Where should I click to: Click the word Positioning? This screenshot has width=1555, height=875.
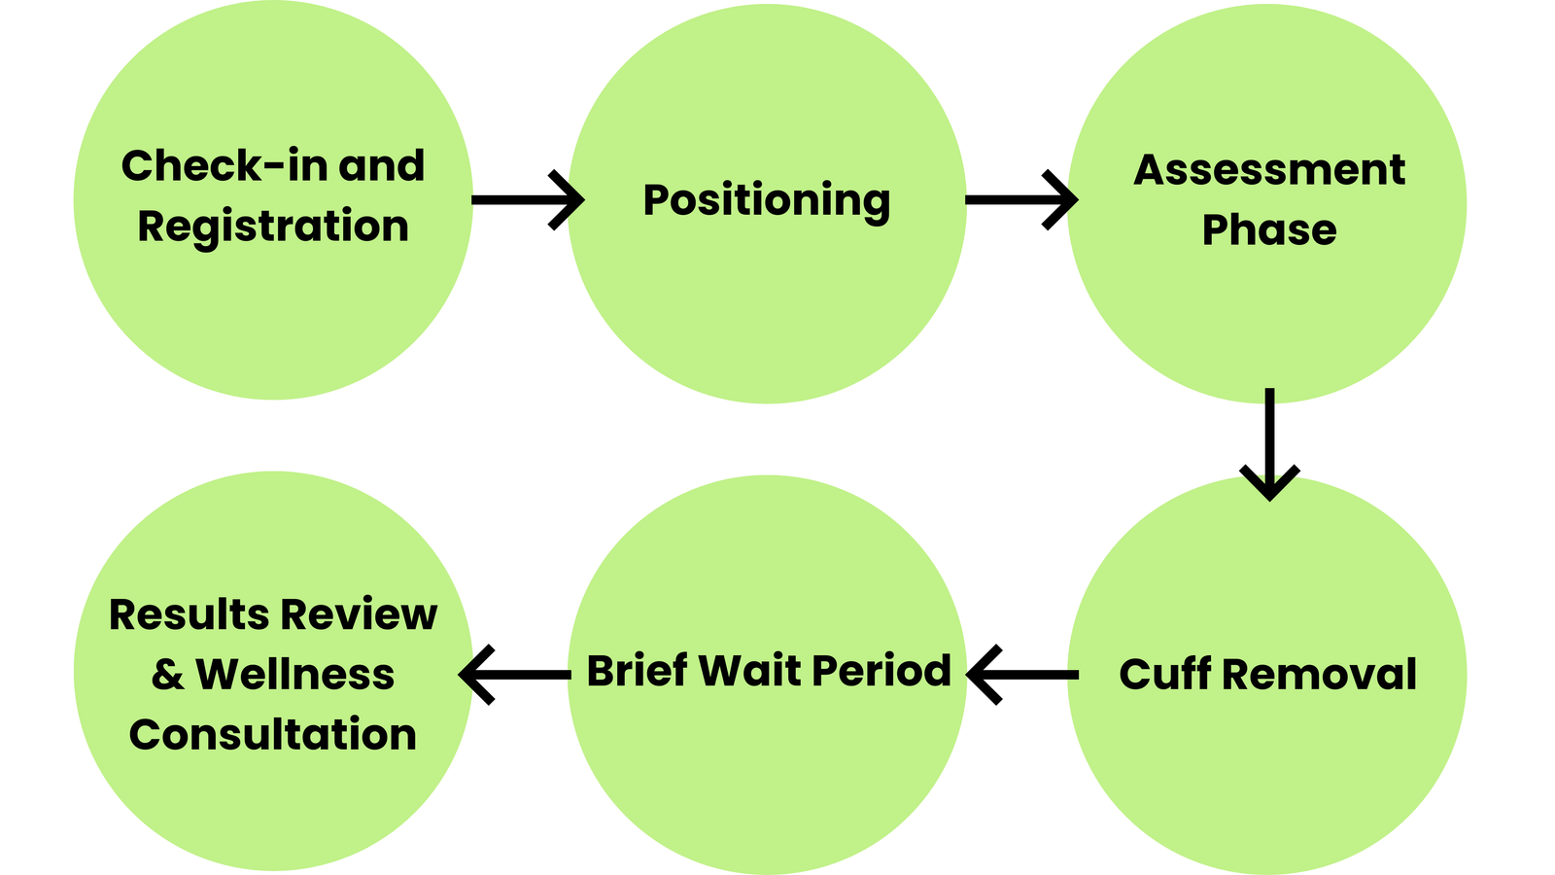coord(766,200)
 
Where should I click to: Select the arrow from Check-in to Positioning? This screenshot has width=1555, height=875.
coord(528,200)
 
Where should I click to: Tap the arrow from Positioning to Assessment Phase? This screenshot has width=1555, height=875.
coord(1020,200)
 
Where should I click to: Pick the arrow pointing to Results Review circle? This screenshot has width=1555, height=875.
coord(515,674)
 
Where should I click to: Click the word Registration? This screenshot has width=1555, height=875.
coord(272,227)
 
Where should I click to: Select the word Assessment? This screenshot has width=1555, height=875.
coord(1268,170)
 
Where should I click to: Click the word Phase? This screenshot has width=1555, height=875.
coord(1268,230)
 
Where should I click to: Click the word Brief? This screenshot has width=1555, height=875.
coord(637,671)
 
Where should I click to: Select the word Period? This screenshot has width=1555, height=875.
coord(881,671)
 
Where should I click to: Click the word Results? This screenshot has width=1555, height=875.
coord(189,614)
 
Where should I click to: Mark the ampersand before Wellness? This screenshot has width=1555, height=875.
coord(167,675)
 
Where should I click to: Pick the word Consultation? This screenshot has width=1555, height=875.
coord(272,734)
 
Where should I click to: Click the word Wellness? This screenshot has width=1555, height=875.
coord(294,675)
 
